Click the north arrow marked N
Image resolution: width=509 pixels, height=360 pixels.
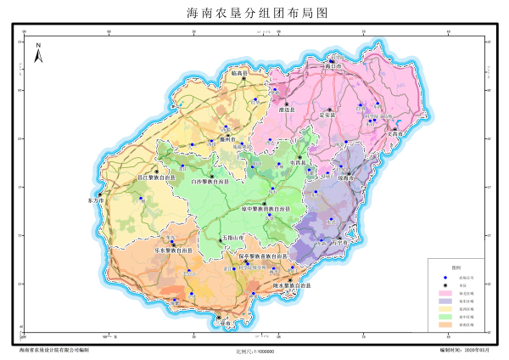pyautogui.click(x=38, y=54)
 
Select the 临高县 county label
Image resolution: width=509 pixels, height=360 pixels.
pyautogui.click(x=238, y=74)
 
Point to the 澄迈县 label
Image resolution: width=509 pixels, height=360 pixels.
pyautogui.click(x=287, y=110)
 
